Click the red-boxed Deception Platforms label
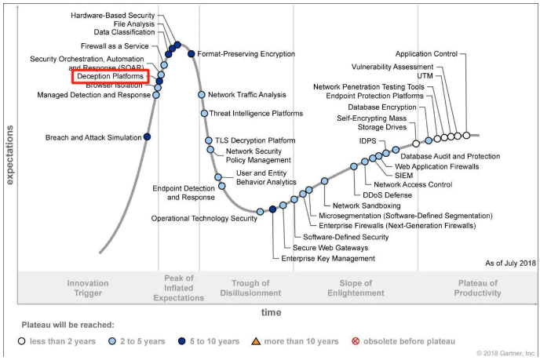(x=110, y=77)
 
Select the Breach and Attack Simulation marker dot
(x=148, y=136)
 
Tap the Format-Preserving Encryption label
(x=246, y=54)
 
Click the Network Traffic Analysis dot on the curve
(x=202, y=95)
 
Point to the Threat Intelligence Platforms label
(x=256, y=114)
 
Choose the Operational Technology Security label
(x=204, y=218)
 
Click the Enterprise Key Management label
(x=329, y=258)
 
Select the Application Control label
(x=426, y=54)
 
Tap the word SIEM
(x=404, y=176)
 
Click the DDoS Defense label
(x=387, y=195)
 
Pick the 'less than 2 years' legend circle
(x=22, y=341)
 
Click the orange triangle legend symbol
(x=254, y=341)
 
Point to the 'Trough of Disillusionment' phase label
(x=256, y=288)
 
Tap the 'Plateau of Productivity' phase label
(x=477, y=288)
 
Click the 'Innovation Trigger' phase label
(x=88, y=288)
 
